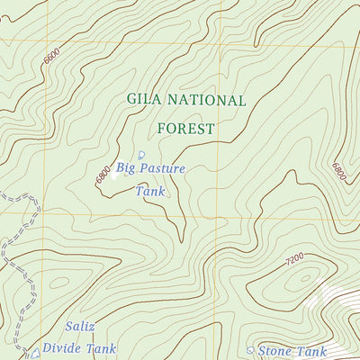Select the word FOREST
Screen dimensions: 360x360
[186, 129]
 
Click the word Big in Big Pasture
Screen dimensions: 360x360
[128, 167]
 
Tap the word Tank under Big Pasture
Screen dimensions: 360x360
[150, 190]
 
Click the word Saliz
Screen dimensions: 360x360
[80, 326]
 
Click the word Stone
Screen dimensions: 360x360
[278, 351]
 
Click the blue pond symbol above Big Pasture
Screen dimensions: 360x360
[141, 155]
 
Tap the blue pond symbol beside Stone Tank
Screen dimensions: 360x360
[250, 350]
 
